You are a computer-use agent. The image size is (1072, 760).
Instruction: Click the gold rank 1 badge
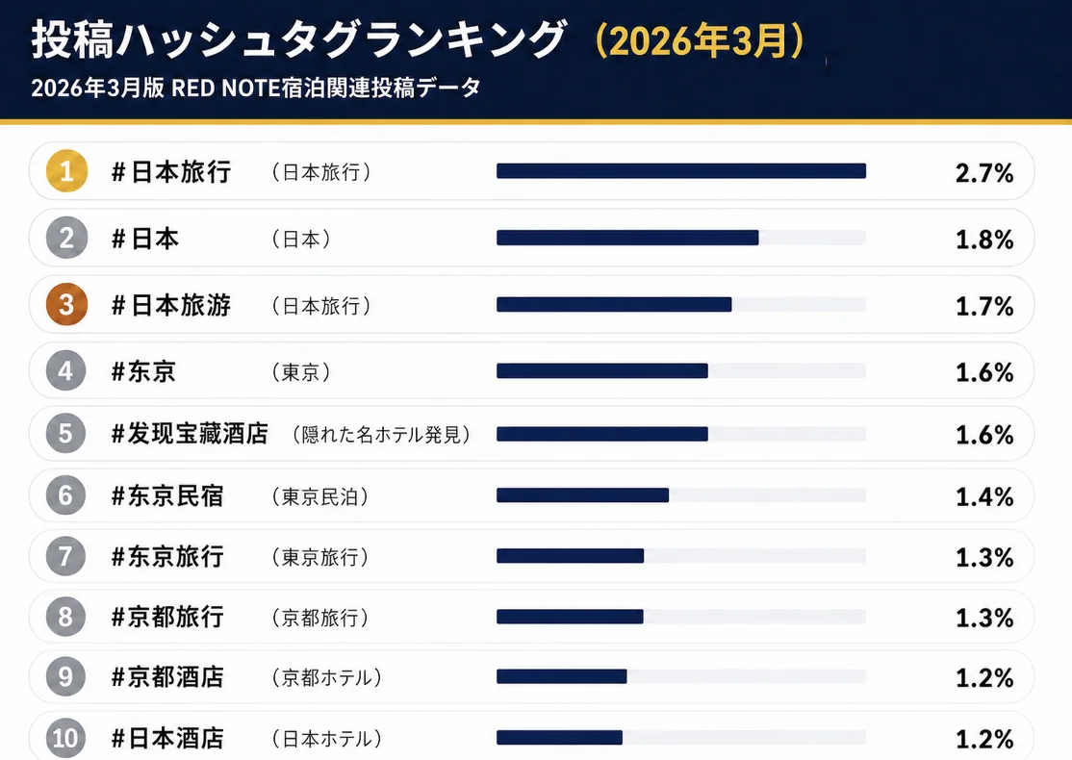coord(66,172)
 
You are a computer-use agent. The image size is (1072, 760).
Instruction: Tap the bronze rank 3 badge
coord(66,305)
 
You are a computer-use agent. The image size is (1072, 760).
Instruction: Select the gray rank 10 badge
coord(66,739)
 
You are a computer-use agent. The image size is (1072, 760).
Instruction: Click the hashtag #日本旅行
coord(171,172)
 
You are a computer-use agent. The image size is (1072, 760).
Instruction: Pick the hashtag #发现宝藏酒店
coord(190,434)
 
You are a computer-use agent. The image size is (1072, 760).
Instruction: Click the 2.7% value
coord(984,173)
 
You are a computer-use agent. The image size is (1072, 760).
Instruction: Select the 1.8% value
coord(984,240)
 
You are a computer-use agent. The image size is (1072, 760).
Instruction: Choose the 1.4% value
coord(984,497)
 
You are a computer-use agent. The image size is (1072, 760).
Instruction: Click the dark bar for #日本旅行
coord(681,171)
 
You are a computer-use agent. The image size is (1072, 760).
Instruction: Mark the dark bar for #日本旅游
coord(614,305)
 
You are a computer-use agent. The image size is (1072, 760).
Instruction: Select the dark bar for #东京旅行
coord(570,556)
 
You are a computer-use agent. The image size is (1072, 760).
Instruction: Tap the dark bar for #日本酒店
coord(559,738)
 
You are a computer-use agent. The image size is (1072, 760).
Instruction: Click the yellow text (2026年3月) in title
coord(699,41)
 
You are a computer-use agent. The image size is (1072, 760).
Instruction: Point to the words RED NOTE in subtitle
coord(223,88)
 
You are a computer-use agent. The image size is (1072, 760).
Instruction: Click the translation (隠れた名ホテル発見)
coord(381,435)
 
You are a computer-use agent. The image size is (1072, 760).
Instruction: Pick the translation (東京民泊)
coord(320,497)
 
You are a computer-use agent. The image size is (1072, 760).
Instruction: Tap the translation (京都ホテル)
coord(326,678)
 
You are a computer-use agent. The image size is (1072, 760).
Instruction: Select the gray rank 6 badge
coord(66,496)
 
